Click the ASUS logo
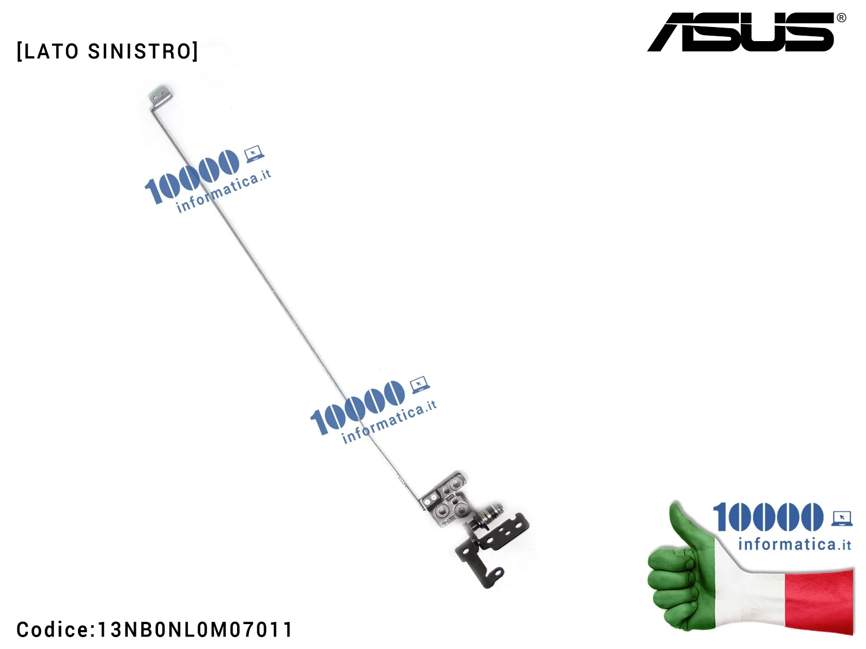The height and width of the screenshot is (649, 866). point(742,32)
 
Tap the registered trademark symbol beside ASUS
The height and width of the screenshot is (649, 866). point(841,18)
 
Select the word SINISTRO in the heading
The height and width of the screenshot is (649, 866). point(141,51)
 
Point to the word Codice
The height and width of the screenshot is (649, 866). point(53,630)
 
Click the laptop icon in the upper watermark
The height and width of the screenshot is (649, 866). point(253,154)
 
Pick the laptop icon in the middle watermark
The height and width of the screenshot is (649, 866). point(419,385)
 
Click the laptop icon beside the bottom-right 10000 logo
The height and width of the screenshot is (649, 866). point(842,518)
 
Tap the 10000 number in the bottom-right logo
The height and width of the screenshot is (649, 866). point(767,517)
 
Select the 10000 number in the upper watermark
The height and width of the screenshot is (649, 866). point(192,176)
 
